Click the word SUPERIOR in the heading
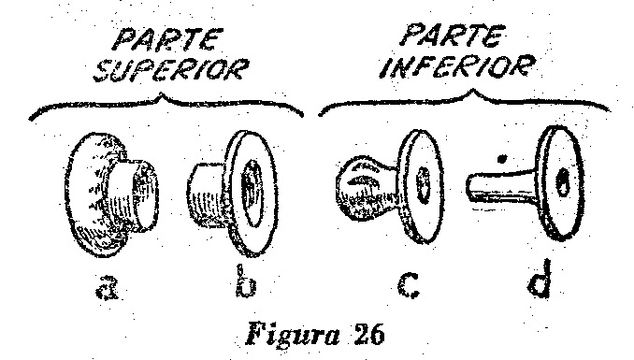point(170,70)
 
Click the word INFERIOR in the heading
point(457,66)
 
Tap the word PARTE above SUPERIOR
point(167,39)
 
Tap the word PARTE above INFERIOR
point(453,36)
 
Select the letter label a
point(108,286)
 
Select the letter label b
point(246,281)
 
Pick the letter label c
point(409,285)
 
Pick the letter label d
point(540,279)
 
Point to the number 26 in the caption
point(368,334)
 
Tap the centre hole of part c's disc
point(423,184)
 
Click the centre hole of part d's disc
point(562,181)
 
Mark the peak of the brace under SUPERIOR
point(162,94)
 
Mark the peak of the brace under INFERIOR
point(474,90)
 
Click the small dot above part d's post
point(502,159)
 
